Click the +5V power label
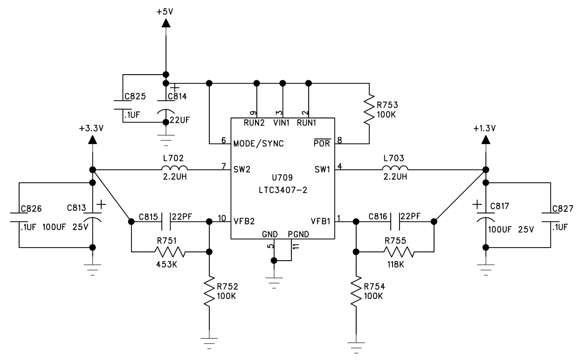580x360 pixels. click(x=165, y=12)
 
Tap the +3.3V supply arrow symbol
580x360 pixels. click(x=92, y=140)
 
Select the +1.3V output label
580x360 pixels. click(x=484, y=128)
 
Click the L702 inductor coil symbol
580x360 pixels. click(x=174, y=167)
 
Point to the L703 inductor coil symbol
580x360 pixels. click(x=395, y=167)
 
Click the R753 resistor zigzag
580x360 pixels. click(x=369, y=110)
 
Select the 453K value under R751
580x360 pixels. click(x=166, y=264)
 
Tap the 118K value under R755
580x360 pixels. click(x=396, y=264)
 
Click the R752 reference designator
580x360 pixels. click(x=228, y=286)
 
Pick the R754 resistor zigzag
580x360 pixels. click(x=356, y=291)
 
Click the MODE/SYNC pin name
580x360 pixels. click(x=258, y=144)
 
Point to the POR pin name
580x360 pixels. click(x=322, y=143)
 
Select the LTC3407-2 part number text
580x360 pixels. click(x=283, y=190)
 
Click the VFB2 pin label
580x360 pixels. click(x=244, y=221)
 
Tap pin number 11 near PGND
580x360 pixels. click(x=296, y=246)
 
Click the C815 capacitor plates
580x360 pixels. click(x=166, y=222)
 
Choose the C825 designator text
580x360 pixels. click(x=135, y=97)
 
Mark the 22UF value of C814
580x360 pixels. click(x=180, y=120)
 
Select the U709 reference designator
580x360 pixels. click(x=282, y=178)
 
